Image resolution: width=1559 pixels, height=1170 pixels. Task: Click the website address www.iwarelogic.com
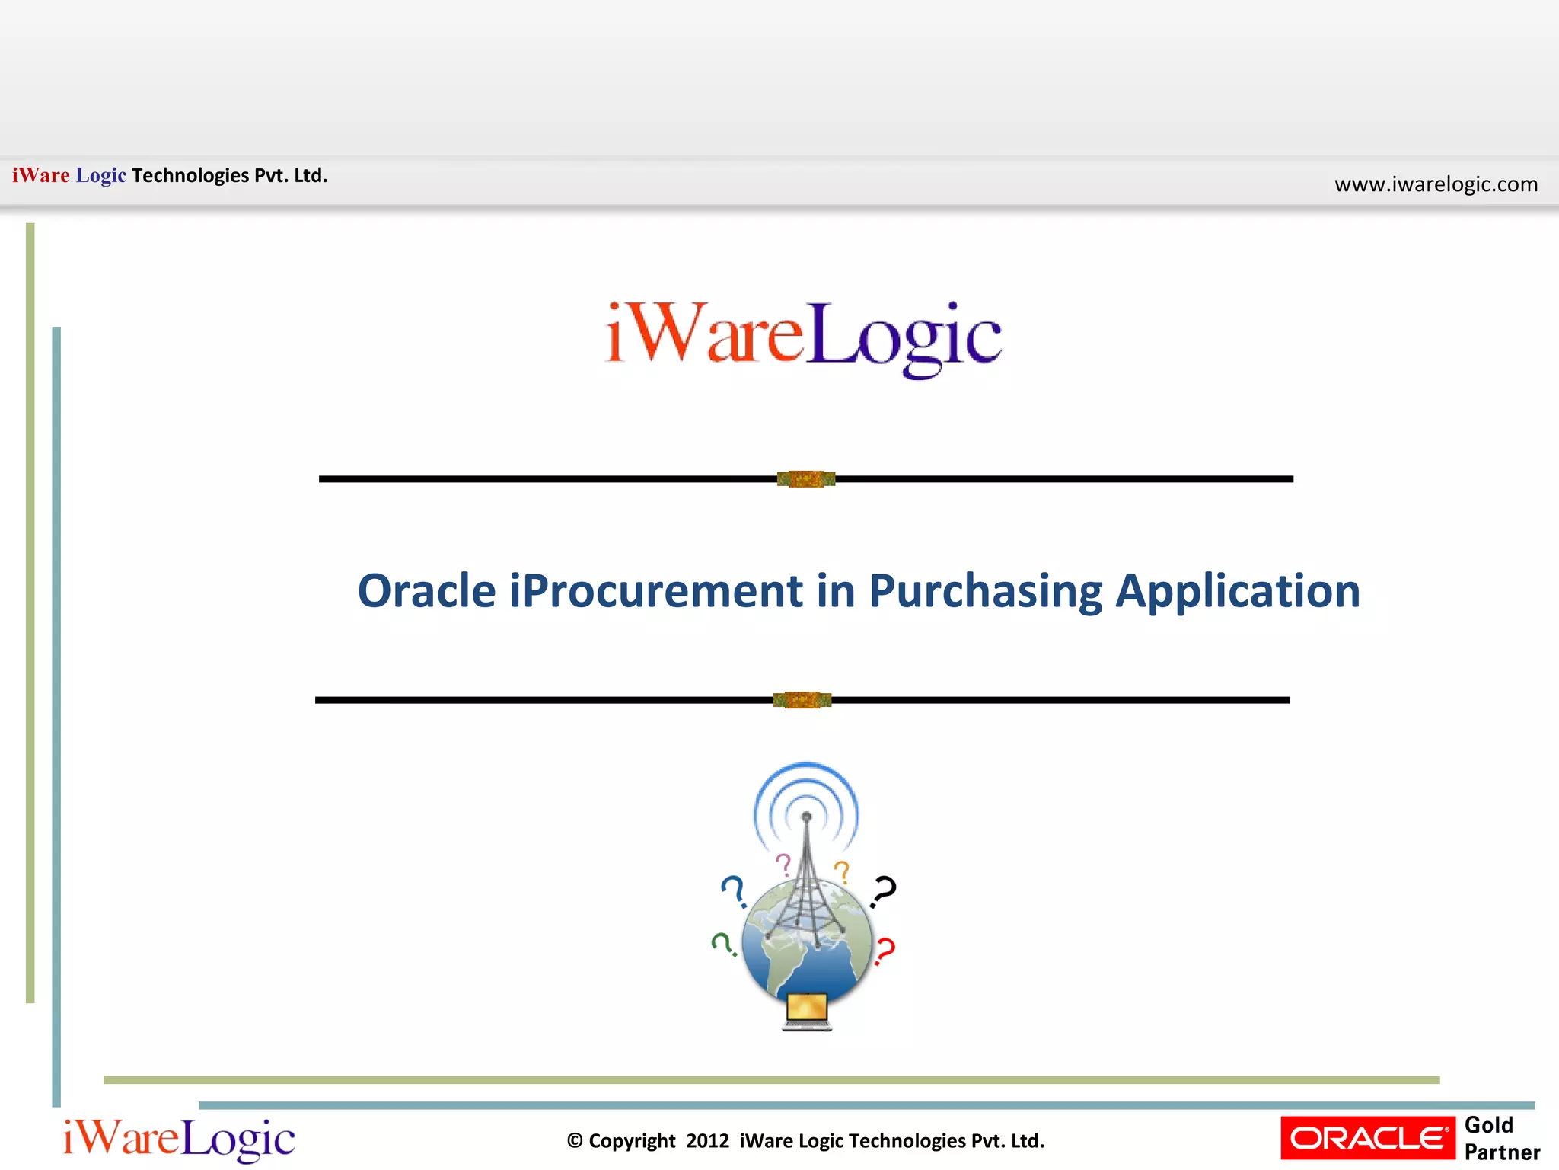tap(1436, 184)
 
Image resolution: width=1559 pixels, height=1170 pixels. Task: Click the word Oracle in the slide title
tap(426, 591)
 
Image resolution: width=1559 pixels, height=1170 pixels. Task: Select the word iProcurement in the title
tap(655, 591)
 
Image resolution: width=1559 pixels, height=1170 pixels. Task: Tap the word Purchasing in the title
tap(984, 591)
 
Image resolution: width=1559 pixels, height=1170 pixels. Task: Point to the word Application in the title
tap(1237, 591)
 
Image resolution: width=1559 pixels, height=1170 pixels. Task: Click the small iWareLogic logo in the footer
tap(179, 1140)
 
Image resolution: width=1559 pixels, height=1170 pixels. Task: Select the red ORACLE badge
tap(1368, 1138)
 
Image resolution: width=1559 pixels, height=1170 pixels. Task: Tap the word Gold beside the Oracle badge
tap(1488, 1125)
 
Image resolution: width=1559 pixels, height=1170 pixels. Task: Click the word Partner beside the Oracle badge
tap(1502, 1152)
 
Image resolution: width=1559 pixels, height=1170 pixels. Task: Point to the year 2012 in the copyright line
tap(707, 1141)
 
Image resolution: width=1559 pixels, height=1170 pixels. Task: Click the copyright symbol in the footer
tap(575, 1141)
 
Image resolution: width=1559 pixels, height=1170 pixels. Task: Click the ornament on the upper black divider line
tap(806, 479)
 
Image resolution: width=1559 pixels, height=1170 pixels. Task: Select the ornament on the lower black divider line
tap(802, 700)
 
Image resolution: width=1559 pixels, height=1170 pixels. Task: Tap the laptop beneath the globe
tap(807, 1011)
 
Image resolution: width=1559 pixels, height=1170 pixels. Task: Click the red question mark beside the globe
tap(885, 951)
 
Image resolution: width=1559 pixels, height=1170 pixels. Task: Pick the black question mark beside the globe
tap(884, 890)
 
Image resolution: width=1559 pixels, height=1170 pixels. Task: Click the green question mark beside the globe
tap(722, 944)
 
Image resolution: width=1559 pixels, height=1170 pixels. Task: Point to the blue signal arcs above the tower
tap(806, 788)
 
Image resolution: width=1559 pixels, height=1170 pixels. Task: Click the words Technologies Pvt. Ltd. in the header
tap(229, 176)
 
